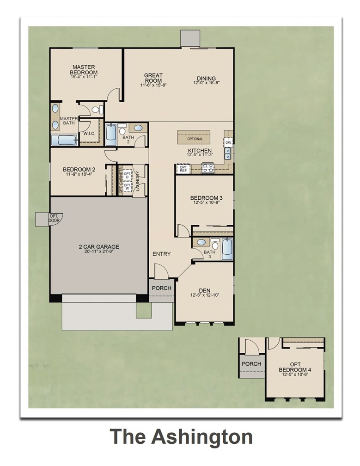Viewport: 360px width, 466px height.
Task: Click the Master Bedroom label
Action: click(84, 69)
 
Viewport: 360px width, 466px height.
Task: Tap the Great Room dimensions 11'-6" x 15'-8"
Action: click(153, 86)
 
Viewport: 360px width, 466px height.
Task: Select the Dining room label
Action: click(206, 78)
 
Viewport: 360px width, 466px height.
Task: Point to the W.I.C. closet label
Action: click(89, 133)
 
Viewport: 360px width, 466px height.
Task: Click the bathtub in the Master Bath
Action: click(64, 140)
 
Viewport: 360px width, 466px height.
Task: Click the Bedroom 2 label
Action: click(79, 169)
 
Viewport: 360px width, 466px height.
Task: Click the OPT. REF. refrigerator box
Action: click(183, 169)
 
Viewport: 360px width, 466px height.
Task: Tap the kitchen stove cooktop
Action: click(207, 170)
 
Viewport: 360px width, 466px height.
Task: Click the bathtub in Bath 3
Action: click(227, 249)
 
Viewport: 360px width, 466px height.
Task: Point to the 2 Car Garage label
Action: click(99, 246)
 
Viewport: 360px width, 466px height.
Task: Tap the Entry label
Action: click(161, 254)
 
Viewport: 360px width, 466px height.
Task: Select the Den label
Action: click(204, 290)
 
